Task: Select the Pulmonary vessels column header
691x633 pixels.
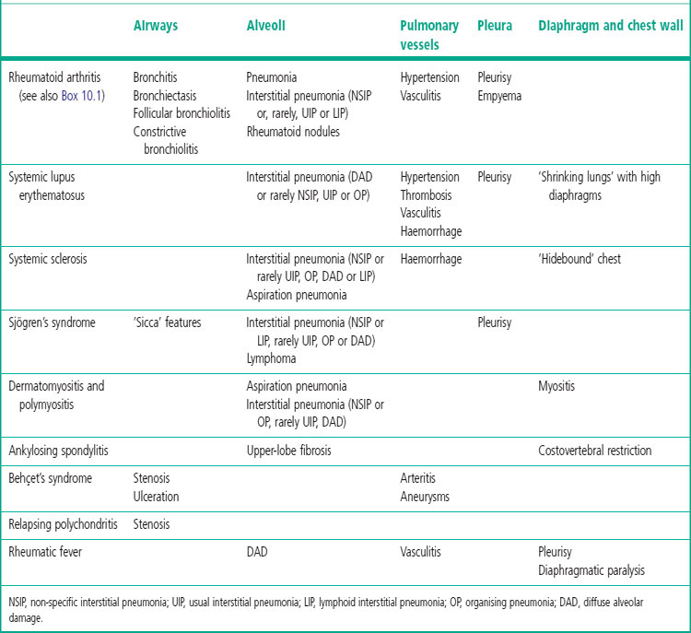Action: (x=429, y=35)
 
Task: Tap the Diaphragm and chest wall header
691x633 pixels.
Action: (x=610, y=26)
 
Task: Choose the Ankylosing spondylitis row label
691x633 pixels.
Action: (x=59, y=451)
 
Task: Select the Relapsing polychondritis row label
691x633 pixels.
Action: (x=63, y=523)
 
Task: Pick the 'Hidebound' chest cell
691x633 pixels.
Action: (x=580, y=259)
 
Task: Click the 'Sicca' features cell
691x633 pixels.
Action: (x=167, y=323)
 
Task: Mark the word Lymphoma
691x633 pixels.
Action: (x=271, y=358)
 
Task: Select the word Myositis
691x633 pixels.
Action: (x=556, y=386)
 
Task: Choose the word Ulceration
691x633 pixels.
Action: (x=157, y=496)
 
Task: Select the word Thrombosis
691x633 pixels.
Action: (x=428, y=194)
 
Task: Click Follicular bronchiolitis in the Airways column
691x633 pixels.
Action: (x=182, y=113)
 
